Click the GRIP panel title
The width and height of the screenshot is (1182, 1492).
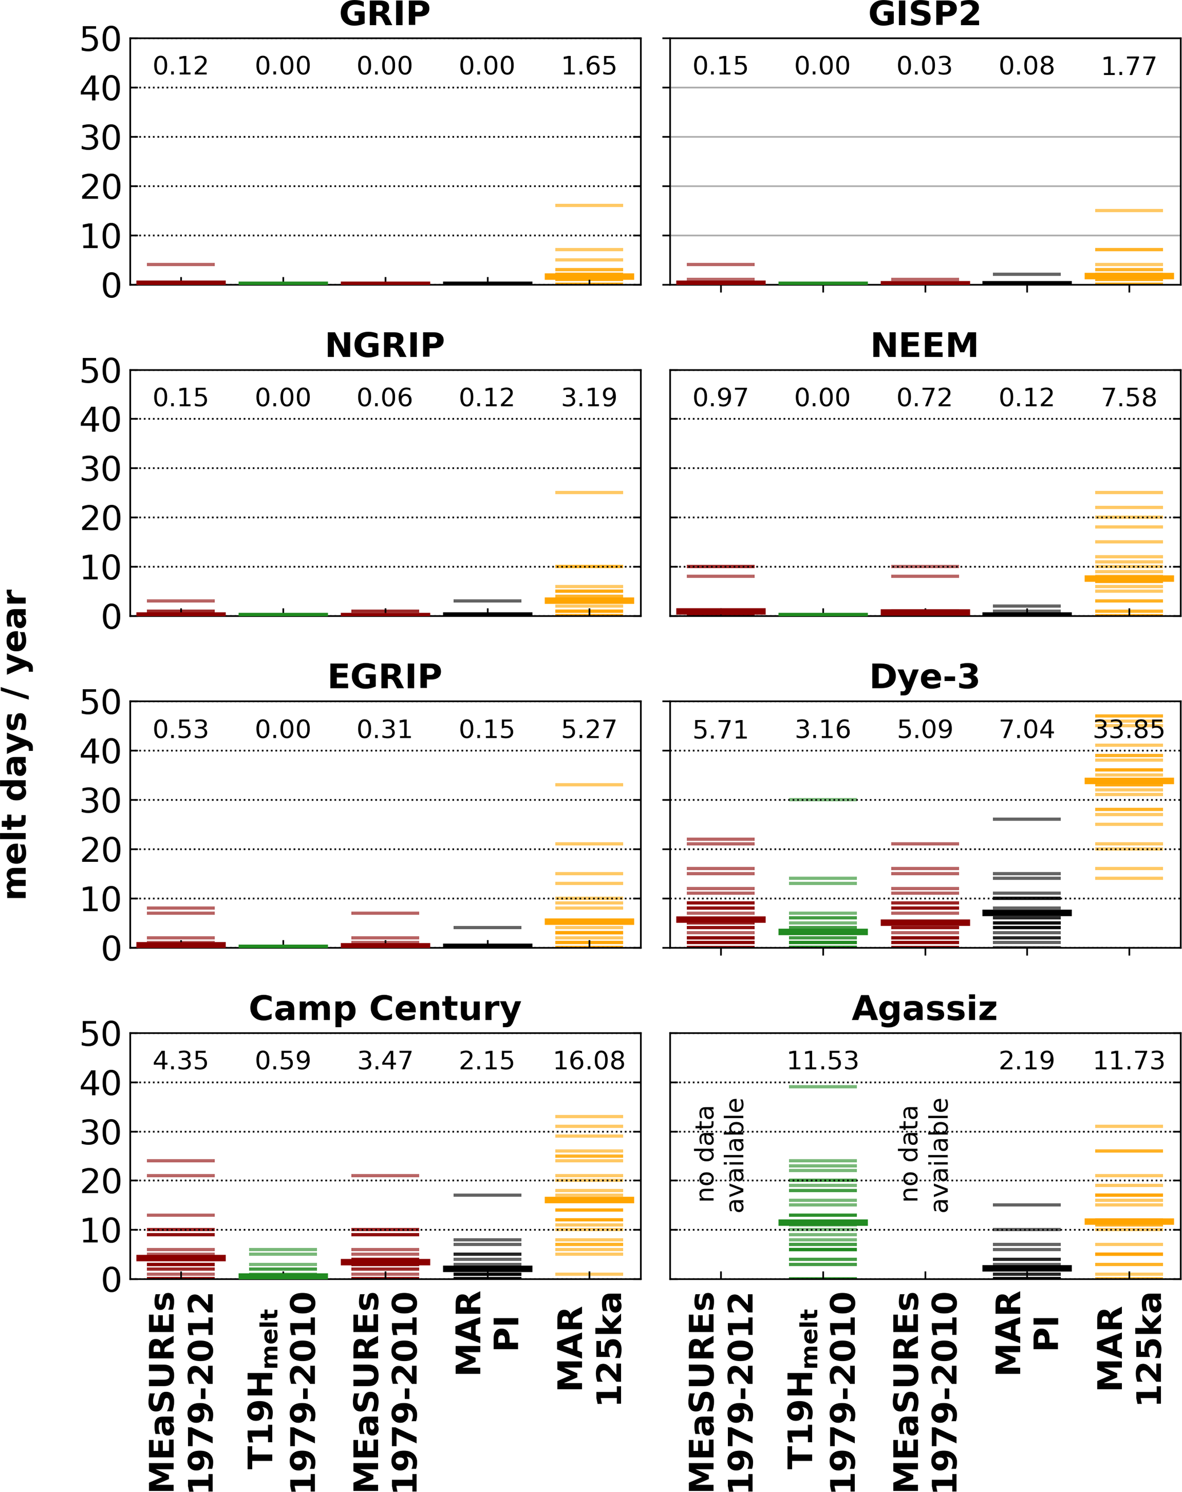(385, 14)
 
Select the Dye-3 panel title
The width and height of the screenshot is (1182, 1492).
(925, 676)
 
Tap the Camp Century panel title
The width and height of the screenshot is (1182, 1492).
(385, 1008)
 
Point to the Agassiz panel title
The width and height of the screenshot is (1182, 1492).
(925, 1008)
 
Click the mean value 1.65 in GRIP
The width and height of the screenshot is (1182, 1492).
(589, 66)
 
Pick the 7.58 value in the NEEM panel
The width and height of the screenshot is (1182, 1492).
(1129, 397)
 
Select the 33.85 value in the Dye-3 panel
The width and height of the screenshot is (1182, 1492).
(1129, 729)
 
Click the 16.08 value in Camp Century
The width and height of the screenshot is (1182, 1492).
(589, 1061)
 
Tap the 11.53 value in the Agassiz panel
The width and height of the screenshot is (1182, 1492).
(823, 1061)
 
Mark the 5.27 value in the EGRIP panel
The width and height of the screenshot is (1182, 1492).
(589, 729)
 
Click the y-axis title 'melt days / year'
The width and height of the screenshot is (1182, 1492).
(15, 744)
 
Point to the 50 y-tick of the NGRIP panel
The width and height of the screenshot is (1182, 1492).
(101, 372)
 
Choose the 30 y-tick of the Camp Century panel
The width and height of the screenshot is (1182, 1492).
(101, 1133)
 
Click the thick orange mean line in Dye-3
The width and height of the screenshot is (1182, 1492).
(1129, 781)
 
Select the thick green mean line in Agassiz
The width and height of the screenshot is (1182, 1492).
(823, 1223)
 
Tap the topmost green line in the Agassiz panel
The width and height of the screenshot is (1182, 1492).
(823, 1087)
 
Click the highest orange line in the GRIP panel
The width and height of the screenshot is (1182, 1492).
(589, 205)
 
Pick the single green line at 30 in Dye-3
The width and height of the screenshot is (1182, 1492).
(823, 800)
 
